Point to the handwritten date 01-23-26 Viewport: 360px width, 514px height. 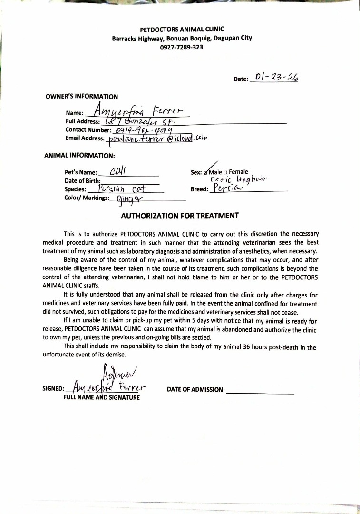tap(277, 77)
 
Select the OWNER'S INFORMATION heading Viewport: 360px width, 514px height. tap(82, 96)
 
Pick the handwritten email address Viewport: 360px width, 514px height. tap(157, 138)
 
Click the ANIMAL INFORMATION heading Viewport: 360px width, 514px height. tap(79, 155)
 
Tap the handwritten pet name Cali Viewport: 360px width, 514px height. tap(117, 171)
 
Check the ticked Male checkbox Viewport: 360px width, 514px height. tap(205, 172)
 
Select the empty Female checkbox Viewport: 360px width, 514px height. tap(226, 172)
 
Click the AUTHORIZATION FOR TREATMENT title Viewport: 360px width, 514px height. tap(180, 216)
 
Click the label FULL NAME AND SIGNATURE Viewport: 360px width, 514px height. tap(102, 397)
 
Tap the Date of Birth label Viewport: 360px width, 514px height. tap(82, 180)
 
